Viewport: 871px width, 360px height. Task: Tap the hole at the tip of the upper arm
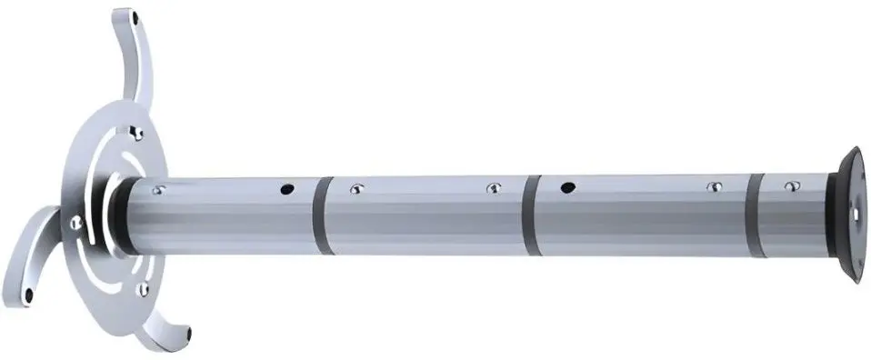click(x=135, y=17)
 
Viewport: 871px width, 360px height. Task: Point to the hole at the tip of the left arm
click(x=30, y=295)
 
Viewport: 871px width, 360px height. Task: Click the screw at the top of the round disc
click(x=136, y=134)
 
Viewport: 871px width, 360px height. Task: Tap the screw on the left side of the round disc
click(x=75, y=217)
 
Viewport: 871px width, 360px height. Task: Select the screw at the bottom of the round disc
click(x=142, y=289)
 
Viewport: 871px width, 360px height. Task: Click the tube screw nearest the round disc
click(x=160, y=190)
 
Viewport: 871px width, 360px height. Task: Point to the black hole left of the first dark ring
click(x=286, y=190)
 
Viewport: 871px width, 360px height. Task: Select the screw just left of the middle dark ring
click(x=494, y=188)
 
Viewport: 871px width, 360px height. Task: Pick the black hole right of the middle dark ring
click(x=568, y=188)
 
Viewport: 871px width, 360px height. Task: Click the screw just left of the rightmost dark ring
click(x=715, y=187)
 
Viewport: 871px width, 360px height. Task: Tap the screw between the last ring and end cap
click(x=787, y=186)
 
